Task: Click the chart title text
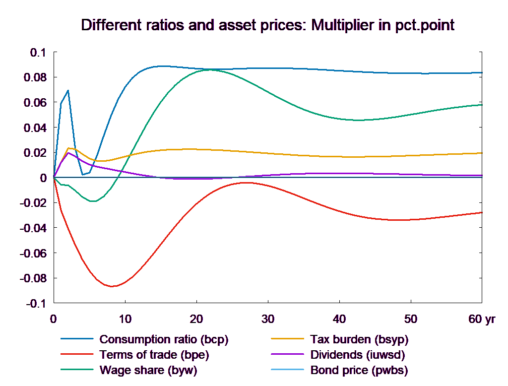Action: point(268,26)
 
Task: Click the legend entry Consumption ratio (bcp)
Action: point(164,339)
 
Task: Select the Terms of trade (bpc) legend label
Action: point(154,355)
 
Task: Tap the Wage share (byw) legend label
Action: point(148,370)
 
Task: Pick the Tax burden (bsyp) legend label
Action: point(359,339)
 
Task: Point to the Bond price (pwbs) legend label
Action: point(359,370)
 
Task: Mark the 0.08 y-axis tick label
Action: point(35,77)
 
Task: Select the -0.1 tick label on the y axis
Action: point(35,304)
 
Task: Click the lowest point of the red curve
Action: point(112,286)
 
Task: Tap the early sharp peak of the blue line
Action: point(68,90)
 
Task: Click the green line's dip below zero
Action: point(92,201)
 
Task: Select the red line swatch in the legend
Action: point(77,355)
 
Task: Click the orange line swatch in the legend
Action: point(287,339)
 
